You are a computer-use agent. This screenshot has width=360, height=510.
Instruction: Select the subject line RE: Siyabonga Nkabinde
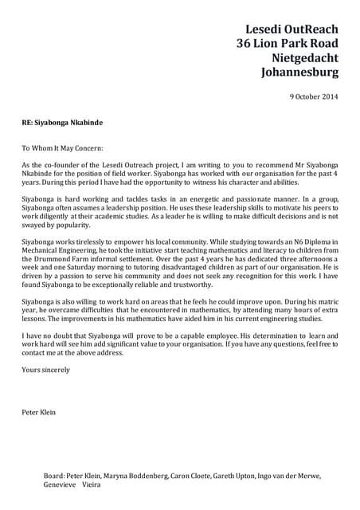(62, 124)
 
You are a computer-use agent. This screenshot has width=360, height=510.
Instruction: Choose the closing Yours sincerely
(45, 370)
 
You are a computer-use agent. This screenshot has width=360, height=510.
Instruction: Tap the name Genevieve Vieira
(72, 484)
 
